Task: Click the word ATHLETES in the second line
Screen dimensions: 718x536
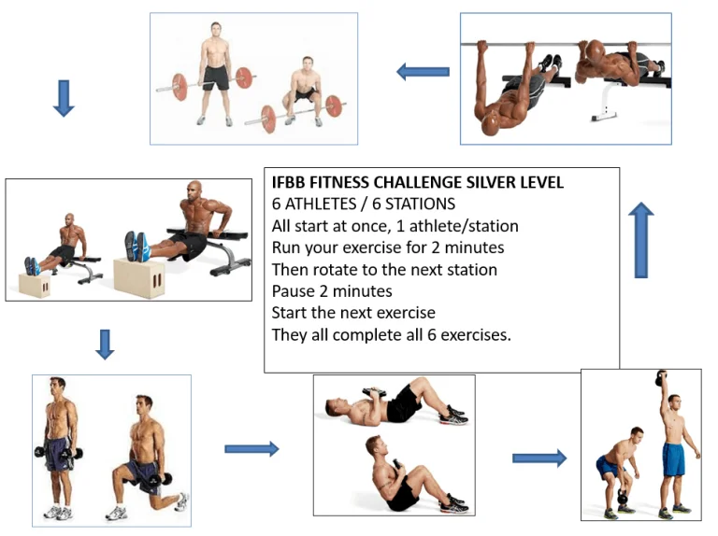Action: [321, 204]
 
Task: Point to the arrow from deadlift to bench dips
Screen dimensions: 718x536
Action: [64, 98]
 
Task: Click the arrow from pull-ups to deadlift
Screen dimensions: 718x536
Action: [423, 72]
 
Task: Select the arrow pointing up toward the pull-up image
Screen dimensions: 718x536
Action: [641, 240]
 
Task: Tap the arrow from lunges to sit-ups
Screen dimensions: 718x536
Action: [251, 449]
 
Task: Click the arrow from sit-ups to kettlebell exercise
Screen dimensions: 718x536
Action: [539, 458]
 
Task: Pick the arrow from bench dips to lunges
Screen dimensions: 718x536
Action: [105, 345]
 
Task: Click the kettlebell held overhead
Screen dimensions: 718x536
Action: [661, 378]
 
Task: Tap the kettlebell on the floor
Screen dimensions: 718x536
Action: [624, 497]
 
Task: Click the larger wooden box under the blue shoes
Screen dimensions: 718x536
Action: [138, 277]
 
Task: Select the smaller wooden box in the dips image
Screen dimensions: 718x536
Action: [35, 286]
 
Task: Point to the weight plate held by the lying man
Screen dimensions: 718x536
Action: [374, 391]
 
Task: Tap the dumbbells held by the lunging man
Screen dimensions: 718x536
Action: [159, 480]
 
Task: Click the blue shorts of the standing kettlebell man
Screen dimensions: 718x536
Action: [673, 458]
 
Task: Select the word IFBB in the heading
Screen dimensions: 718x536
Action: [289, 182]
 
